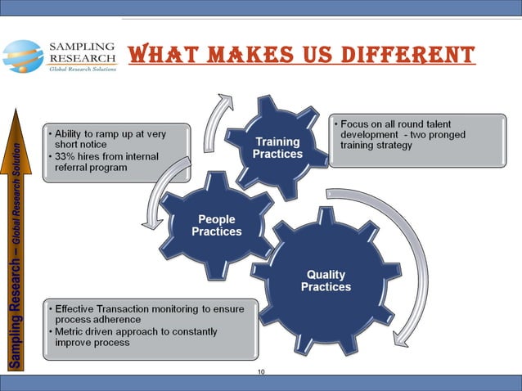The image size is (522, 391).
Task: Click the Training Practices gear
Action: (277, 147)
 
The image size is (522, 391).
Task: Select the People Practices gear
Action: (217, 225)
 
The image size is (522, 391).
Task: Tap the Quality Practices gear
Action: (326, 281)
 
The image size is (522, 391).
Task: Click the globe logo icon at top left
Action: (22, 56)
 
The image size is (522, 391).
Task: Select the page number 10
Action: (261, 372)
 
